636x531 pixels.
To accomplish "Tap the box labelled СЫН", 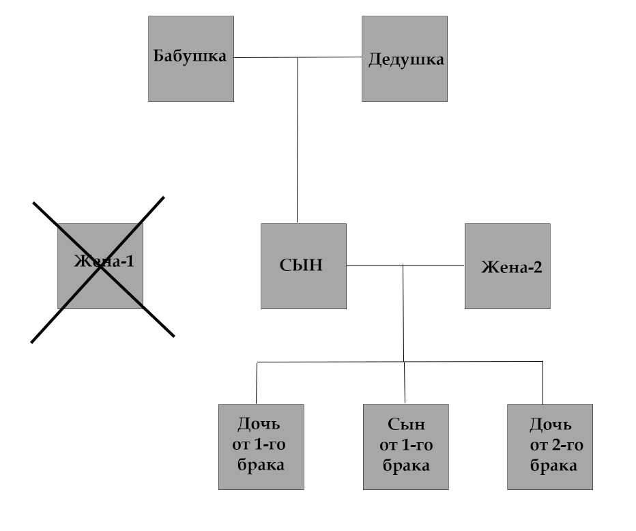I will [x=303, y=266].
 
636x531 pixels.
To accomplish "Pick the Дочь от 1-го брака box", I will [x=261, y=446].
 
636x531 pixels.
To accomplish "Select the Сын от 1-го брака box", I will [x=405, y=446].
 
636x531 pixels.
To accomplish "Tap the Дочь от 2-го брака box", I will [x=549, y=446].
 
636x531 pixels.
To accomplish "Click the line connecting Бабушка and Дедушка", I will [x=328, y=58].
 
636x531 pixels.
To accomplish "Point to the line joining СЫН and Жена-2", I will [x=437, y=265].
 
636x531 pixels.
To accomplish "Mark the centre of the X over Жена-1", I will [x=101, y=266].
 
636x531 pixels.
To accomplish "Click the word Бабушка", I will [x=190, y=56].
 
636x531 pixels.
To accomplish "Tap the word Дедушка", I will [x=406, y=59].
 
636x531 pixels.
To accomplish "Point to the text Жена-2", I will [x=511, y=267].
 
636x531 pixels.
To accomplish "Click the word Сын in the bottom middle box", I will [x=406, y=425].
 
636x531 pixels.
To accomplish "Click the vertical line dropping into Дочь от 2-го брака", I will [x=543, y=382].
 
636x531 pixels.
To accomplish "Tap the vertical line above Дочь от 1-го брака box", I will [x=257, y=382].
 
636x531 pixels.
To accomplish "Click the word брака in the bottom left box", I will [x=261, y=466].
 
